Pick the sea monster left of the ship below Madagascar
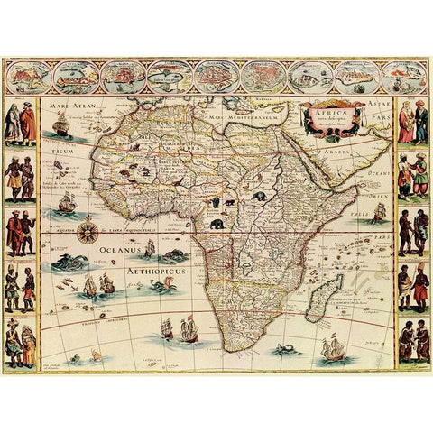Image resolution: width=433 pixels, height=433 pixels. click(287, 346)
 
